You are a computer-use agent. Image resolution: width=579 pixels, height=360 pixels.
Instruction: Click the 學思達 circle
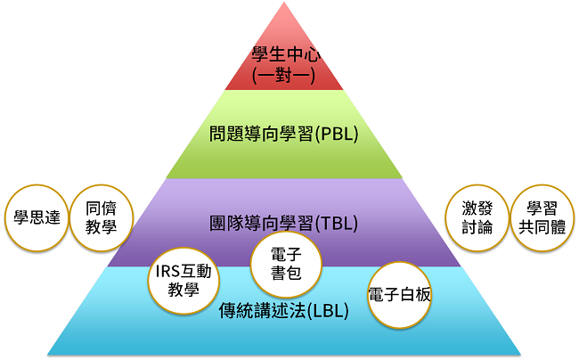click(37, 217)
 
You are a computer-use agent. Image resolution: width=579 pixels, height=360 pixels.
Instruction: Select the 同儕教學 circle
click(102, 217)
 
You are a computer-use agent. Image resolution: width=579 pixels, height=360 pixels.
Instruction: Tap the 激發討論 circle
click(477, 217)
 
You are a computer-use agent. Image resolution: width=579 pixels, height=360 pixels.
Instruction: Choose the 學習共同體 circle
click(542, 217)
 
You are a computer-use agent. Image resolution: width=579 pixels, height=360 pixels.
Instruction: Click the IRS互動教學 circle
click(183, 281)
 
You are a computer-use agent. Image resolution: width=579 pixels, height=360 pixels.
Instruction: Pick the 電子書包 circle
click(286, 265)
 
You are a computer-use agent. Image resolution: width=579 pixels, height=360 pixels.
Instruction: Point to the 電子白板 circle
click(400, 295)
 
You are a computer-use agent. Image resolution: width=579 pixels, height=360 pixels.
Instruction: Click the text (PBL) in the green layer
click(336, 134)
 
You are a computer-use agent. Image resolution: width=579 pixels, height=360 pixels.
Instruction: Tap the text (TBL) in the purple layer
click(336, 223)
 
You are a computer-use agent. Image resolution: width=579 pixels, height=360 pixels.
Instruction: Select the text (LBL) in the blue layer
click(327, 310)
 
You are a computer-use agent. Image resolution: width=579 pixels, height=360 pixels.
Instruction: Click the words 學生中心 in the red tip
click(286, 54)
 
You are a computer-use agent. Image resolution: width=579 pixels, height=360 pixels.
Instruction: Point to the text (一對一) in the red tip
click(283, 76)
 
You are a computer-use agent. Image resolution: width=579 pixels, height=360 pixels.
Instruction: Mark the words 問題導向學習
click(261, 134)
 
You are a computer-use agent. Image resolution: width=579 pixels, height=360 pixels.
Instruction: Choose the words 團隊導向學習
click(261, 223)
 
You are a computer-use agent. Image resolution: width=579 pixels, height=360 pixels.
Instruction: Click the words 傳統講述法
click(262, 310)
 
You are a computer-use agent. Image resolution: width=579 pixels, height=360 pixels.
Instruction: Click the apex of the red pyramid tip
click(284, 2)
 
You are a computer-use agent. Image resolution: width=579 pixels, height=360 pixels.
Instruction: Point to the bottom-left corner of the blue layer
click(47, 355)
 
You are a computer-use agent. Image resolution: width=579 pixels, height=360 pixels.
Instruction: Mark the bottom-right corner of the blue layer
click(521, 355)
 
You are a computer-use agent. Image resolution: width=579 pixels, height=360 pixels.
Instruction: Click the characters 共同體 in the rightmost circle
click(542, 227)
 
